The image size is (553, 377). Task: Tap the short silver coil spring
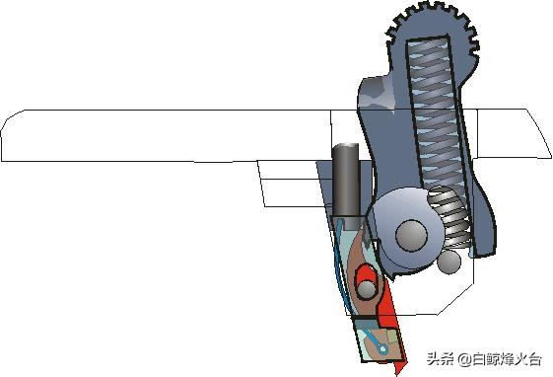(x=449, y=217)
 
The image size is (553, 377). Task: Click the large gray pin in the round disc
(x=411, y=236)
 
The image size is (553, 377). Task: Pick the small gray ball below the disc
(x=449, y=262)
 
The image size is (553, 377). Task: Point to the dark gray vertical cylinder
(x=346, y=180)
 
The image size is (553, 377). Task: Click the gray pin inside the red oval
(x=367, y=289)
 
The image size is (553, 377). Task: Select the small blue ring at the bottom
(x=382, y=349)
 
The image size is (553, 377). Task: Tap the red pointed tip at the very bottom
(x=401, y=367)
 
